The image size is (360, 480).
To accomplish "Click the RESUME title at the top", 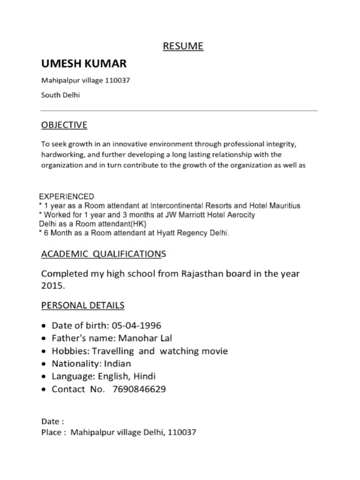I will click(x=183, y=46).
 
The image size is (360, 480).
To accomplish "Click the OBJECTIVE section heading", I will click(x=64, y=125).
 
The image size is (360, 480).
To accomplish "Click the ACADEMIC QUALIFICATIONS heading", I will click(x=103, y=254).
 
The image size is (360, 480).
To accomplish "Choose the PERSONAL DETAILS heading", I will click(x=83, y=306).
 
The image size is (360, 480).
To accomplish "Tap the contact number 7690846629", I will click(x=139, y=389).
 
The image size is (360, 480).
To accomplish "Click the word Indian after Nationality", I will click(x=118, y=364).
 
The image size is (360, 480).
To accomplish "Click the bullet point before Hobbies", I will click(x=44, y=352).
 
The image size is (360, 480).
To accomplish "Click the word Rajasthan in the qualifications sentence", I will click(x=201, y=273).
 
